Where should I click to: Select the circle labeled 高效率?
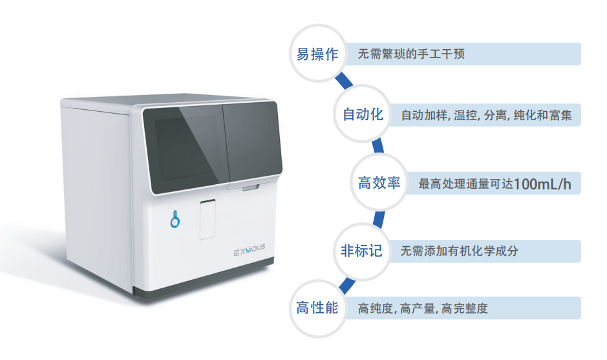tap(379, 184)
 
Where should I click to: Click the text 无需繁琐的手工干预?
tap(411, 55)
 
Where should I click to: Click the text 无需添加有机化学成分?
tap(459, 251)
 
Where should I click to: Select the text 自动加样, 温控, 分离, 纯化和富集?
tap(486, 116)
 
